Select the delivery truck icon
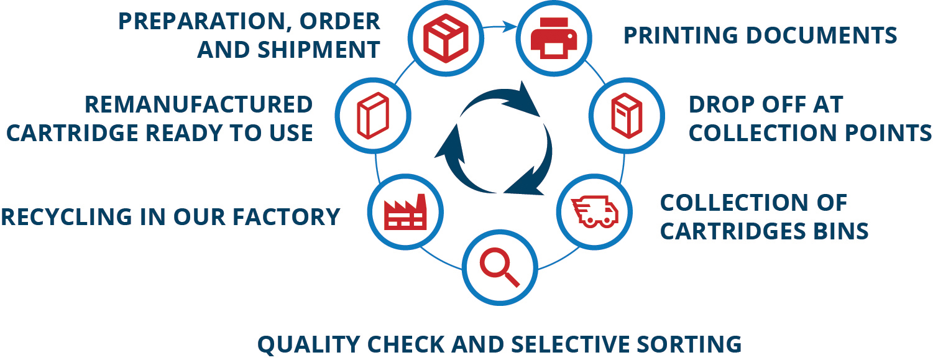point(595,211)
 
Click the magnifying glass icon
point(499,269)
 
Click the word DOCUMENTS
point(821,35)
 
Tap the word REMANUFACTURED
point(198,104)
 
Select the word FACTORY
point(286,216)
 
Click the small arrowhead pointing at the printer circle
point(511,27)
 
